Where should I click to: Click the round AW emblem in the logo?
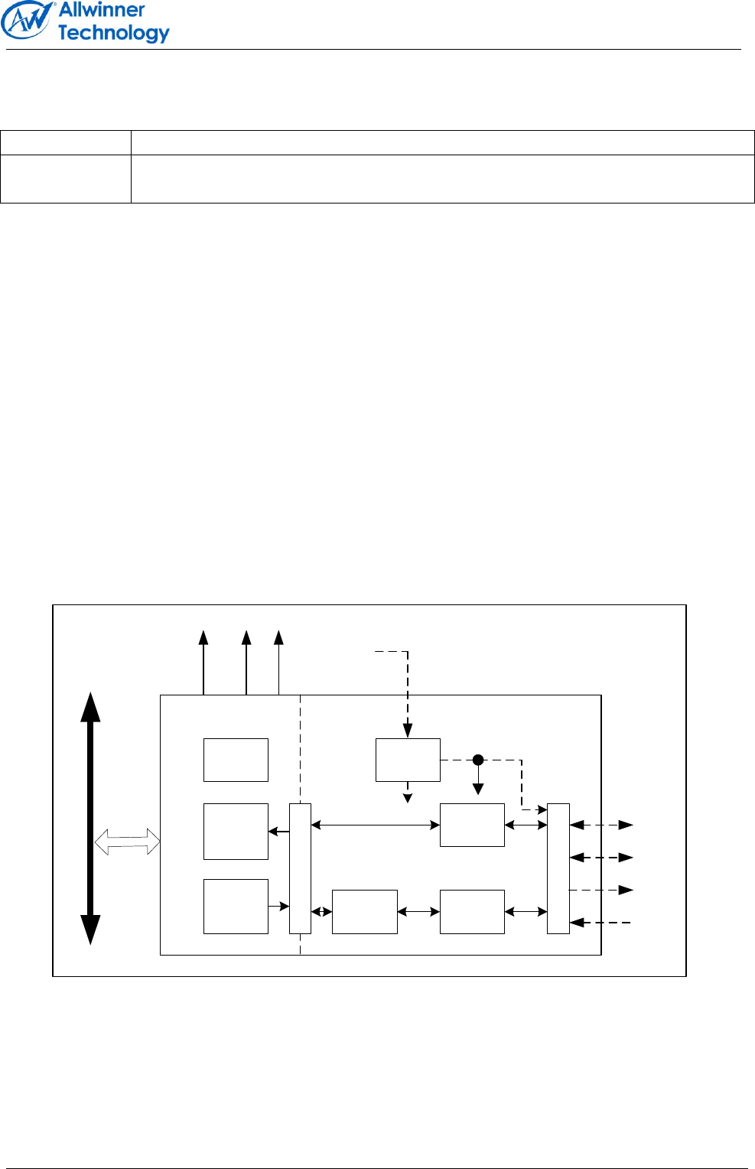click(x=27, y=21)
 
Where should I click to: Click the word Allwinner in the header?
click(x=102, y=10)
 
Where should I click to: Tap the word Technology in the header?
click(x=113, y=33)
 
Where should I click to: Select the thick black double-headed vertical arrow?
click(x=91, y=818)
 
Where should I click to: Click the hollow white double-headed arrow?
click(x=127, y=843)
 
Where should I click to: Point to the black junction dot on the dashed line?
click(x=478, y=760)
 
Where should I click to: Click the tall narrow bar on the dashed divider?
click(x=300, y=868)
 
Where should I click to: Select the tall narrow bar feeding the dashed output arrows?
click(x=558, y=868)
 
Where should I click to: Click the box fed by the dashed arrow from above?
click(x=408, y=760)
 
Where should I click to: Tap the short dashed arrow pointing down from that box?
click(x=408, y=793)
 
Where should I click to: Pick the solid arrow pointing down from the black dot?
click(x=478, y=780)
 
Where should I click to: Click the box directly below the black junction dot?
click(x=472, y=825)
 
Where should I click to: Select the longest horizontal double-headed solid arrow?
click(x=376, y=825)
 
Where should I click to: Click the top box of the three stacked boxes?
click(x=236, y=760)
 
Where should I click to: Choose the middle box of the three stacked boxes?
click(x=236, y=832)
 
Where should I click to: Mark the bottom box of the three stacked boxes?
click(x=236, y=907)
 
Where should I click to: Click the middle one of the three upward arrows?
click(x=246, y=663)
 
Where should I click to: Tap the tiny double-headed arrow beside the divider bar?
click(x=322, y=912)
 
